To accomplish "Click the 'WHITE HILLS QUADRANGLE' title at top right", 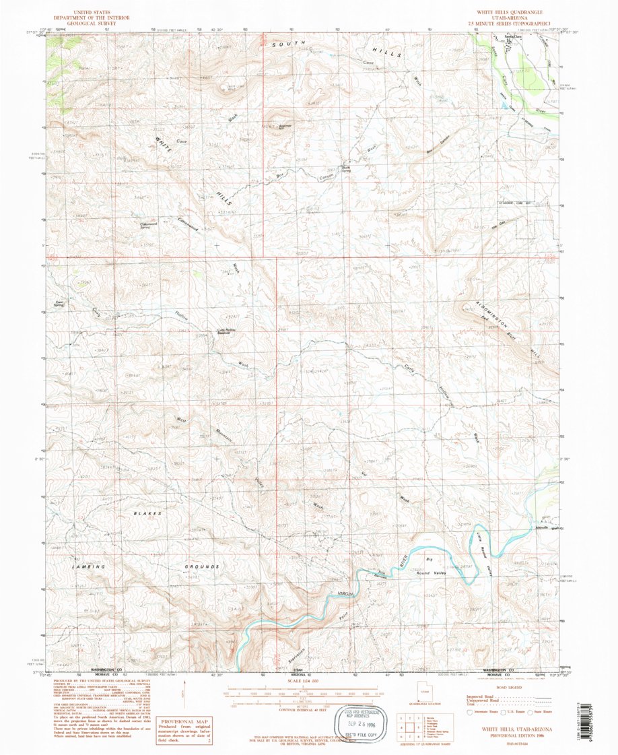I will pos(514,12).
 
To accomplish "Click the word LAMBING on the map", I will pos(89,567).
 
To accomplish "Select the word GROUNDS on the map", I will pos(203,567).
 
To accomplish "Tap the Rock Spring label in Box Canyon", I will pos(347,168).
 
